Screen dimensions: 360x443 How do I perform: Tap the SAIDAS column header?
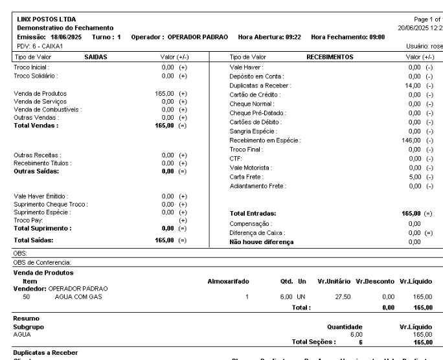96,57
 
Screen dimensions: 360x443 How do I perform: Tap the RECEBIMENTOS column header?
329,57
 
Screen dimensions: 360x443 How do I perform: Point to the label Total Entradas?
253,212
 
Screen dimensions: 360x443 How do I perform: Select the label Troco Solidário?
36,76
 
